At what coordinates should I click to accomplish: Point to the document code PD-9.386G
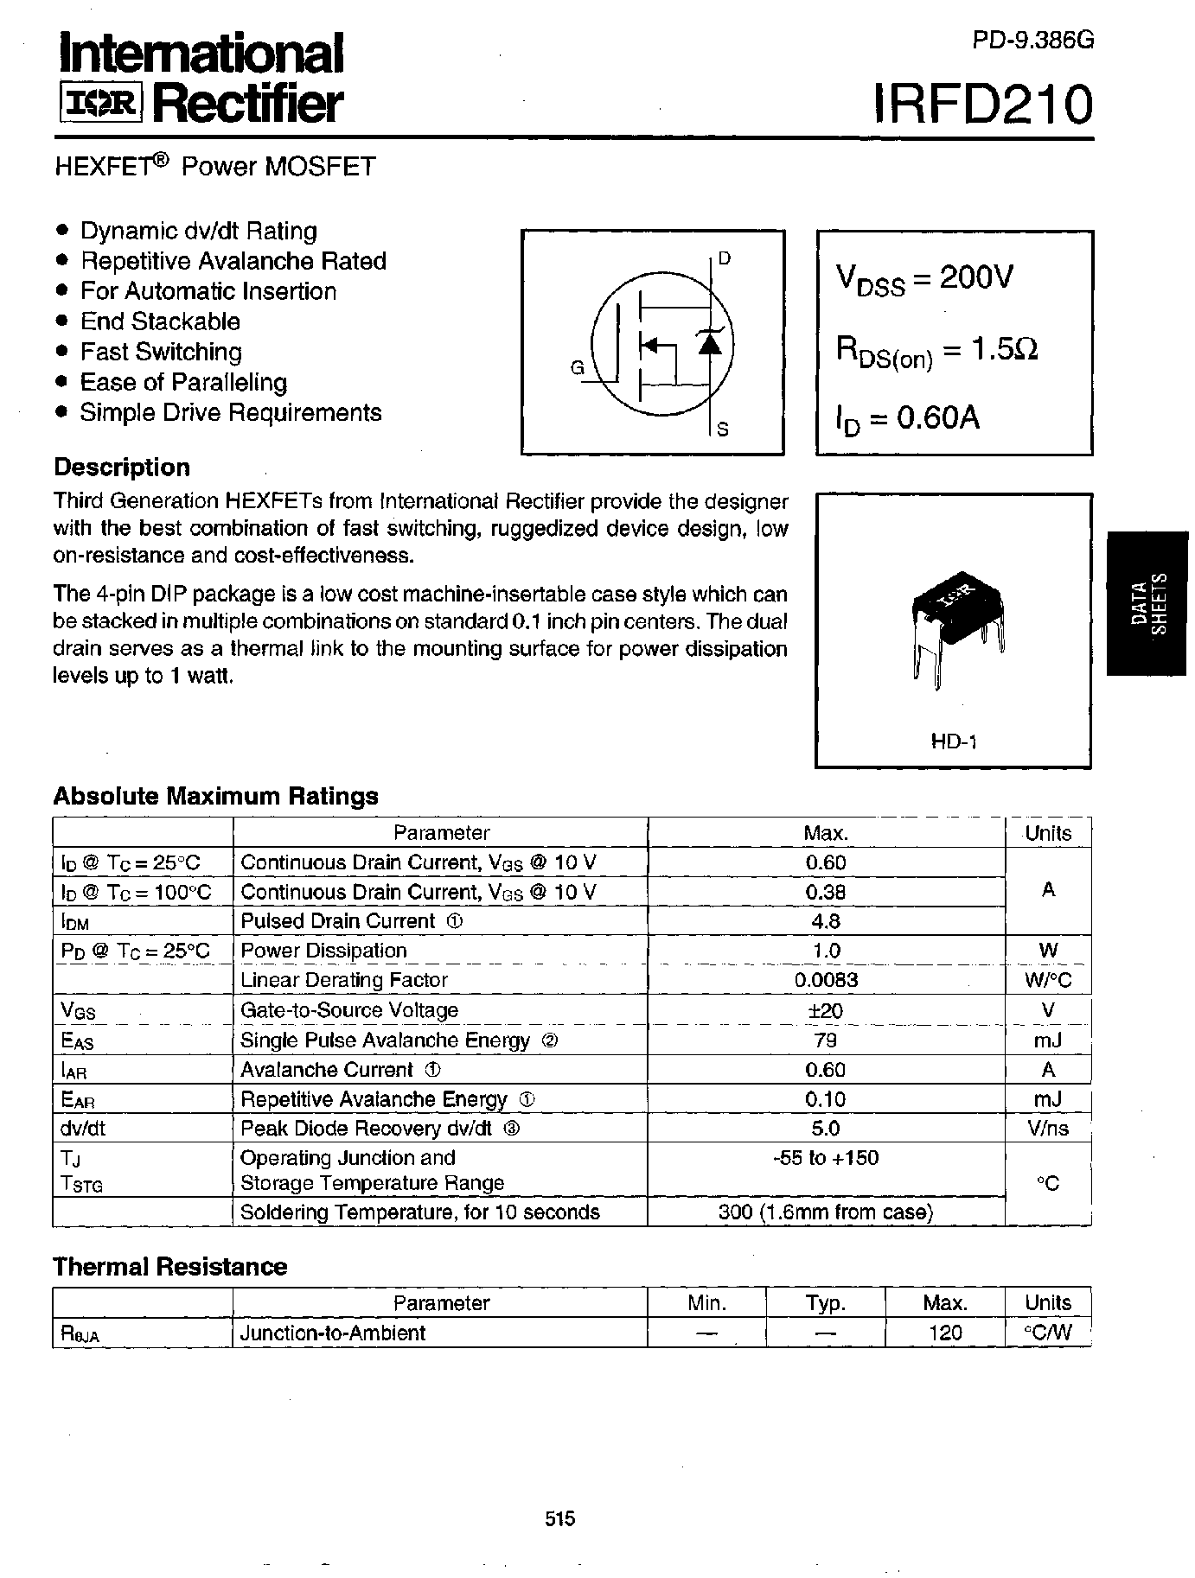1032,41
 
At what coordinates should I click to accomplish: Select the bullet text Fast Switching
161,352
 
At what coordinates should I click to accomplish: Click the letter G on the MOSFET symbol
578,368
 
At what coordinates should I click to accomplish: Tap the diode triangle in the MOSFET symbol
709,344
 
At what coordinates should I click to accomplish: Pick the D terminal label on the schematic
725,258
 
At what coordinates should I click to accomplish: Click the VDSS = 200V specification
923,279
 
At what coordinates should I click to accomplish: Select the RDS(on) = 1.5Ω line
936,351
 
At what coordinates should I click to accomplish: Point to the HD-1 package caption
953,741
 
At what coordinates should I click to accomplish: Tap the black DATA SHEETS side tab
1149,602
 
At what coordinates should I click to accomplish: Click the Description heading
122,468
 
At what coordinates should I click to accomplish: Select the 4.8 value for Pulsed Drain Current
826,921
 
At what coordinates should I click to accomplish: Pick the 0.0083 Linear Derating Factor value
826,980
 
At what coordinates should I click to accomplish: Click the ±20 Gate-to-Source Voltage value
826,1010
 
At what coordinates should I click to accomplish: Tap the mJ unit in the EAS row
1048,1040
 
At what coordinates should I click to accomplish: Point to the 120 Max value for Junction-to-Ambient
944,1333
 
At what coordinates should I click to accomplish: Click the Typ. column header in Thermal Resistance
825,1303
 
